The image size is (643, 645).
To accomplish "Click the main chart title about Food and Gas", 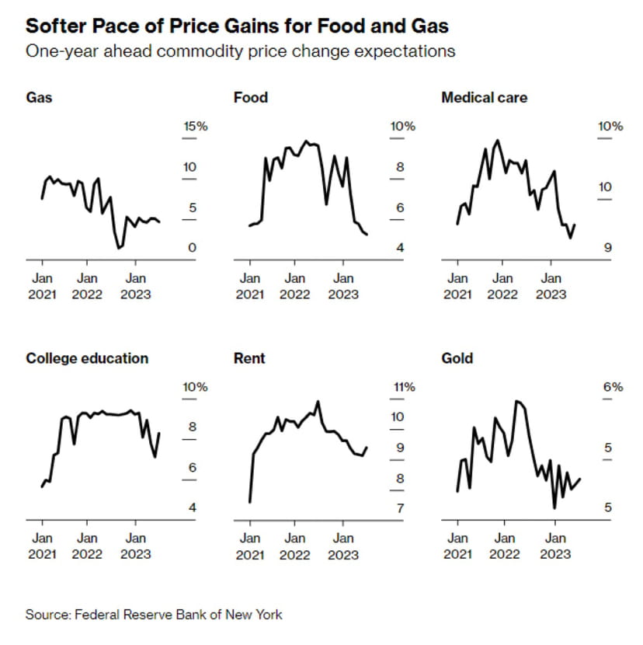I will (237, 26).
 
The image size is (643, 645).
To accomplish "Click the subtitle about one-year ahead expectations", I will (240, 51).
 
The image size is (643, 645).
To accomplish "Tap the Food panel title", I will (250, 98).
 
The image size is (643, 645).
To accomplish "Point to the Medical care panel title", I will (484, 98).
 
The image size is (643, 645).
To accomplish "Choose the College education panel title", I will (87, 358).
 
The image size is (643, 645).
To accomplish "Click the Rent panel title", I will (249, 358).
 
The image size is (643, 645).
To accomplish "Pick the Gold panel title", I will (457, 358).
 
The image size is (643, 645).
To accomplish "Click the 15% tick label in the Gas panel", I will (195, 127).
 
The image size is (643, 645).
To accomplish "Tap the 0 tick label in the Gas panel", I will (191, 248).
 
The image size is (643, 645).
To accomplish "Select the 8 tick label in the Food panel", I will (400, 167).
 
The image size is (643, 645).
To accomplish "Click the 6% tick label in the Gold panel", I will (613, 387).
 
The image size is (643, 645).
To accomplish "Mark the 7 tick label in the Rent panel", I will (400, 508).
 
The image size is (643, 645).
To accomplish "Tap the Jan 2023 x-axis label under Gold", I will (554, 546).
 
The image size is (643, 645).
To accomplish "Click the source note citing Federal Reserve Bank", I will (154, 615).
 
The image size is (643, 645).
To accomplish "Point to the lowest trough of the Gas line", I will (119, 248).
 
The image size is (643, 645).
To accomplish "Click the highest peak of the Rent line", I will (318, 402).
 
